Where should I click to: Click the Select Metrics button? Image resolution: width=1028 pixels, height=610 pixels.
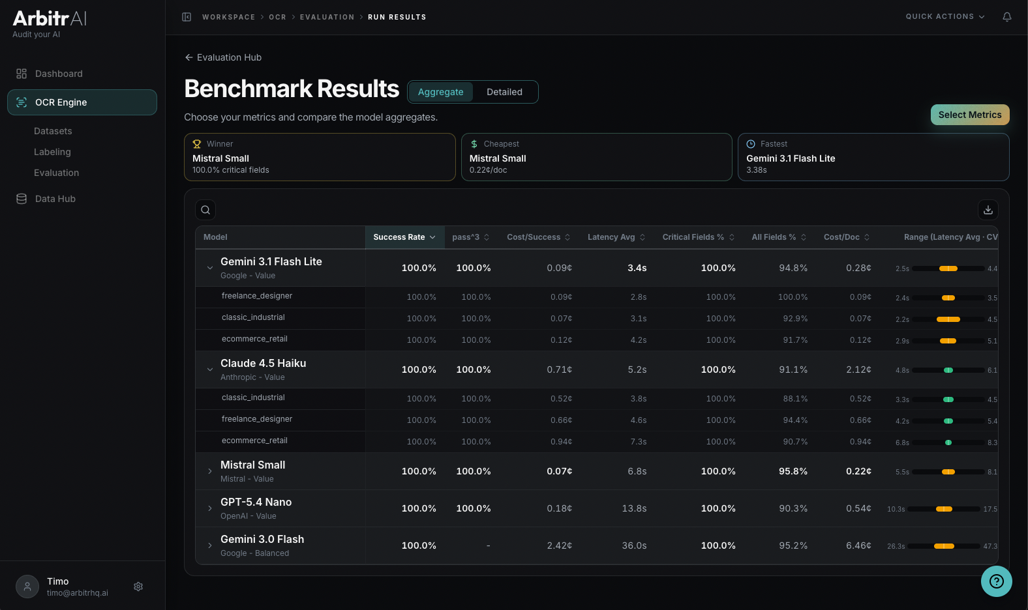[x=969, y=115]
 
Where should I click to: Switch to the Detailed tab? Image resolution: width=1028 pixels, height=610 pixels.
[x=504, y=92]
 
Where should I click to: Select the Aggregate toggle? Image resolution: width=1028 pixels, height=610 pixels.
[x=440, y=92]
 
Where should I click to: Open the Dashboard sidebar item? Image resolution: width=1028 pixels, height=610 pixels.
[x=59, y=74]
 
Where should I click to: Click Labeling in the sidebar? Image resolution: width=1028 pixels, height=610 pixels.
[x=52, y=152]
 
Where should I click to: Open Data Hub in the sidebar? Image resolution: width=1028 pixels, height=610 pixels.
[x=55, y=199]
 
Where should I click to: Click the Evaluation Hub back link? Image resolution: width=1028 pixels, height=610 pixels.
[x=223, y=57]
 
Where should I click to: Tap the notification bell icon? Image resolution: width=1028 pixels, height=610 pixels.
[x=1006, y=17]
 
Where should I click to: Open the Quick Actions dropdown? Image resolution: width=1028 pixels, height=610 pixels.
[x=945, y=17]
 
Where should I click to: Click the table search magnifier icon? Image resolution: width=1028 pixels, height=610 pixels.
[x=205, y=210]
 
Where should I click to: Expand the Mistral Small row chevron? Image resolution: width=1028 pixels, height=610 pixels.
[x=210, y=471]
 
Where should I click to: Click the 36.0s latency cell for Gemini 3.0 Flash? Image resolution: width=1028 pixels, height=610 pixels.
[x=634, y=545]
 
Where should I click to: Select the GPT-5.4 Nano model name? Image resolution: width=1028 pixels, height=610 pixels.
[x=256, y=502]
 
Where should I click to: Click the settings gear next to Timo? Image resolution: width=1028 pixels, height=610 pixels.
[x=138, y=587]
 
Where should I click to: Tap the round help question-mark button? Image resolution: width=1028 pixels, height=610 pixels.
[x=996, y=581]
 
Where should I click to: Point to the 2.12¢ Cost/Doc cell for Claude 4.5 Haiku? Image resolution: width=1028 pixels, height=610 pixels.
[x=858, y=370]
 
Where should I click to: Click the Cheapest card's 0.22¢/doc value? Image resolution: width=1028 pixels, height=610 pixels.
[x=488, y=170]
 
